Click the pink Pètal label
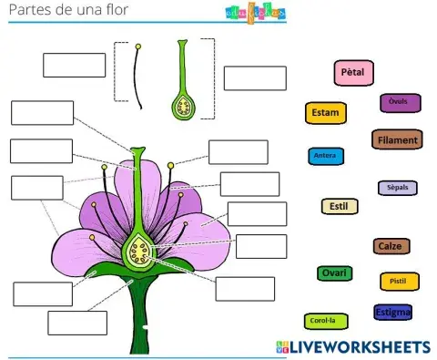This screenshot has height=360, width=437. click(352, 73)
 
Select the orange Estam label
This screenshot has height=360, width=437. click(325, 114)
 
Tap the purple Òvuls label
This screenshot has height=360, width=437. click(399, 103)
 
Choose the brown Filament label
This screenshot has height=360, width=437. click(396, 140)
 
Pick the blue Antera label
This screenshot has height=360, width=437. click(325, 157)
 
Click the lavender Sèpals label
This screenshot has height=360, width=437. click(398, 188)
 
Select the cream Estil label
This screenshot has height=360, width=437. click(340, 206)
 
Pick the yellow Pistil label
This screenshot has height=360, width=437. click(399, 283)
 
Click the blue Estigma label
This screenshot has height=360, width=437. click(392, 313)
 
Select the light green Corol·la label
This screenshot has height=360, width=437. click(322, 321)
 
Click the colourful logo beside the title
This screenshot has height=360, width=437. click(254, 12)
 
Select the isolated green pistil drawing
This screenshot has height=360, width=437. click(183, 87)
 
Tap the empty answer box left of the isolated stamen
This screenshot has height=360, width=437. click(75, 66)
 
